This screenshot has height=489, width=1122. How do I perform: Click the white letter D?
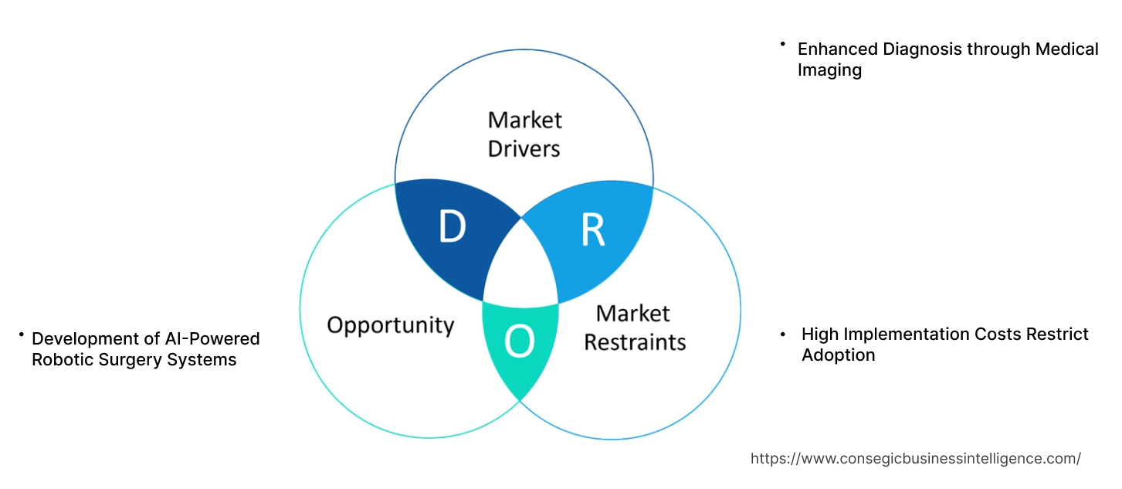tap(453, 227)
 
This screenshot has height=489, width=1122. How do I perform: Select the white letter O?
tap(519, 342)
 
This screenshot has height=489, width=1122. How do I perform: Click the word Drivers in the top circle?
tap(524, 148)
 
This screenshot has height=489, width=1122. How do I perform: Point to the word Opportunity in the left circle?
tap(390, 325)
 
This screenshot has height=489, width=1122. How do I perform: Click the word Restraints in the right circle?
tap(635, 341)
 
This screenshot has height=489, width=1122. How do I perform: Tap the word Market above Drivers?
tap(524, 120)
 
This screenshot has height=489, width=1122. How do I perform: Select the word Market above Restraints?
tap(632, 313)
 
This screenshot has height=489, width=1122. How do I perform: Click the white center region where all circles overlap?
tap(520, 271)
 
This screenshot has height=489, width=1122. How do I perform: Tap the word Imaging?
tap(829, 70)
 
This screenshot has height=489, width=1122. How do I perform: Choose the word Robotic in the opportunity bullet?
tap(63, 359)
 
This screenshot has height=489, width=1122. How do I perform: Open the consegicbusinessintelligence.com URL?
tap(915, 458)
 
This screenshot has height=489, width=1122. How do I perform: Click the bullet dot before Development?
tap(22, 335)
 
